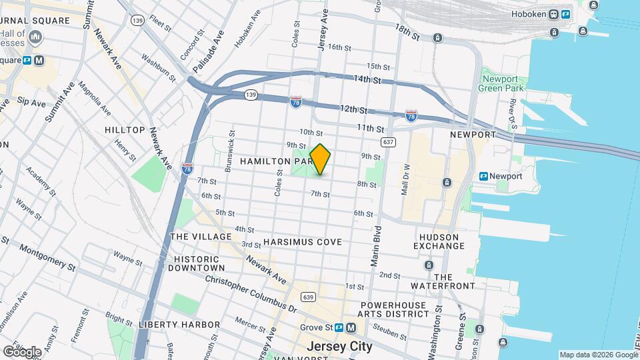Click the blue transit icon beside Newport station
click(x=483, y=176)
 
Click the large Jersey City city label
click(x=339, y=347)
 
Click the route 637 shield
click(x=389, y=142)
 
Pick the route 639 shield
click(x=307, y=297)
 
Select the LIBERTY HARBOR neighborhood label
click(x=179, y=324)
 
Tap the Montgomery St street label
click(x=47, y=256)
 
